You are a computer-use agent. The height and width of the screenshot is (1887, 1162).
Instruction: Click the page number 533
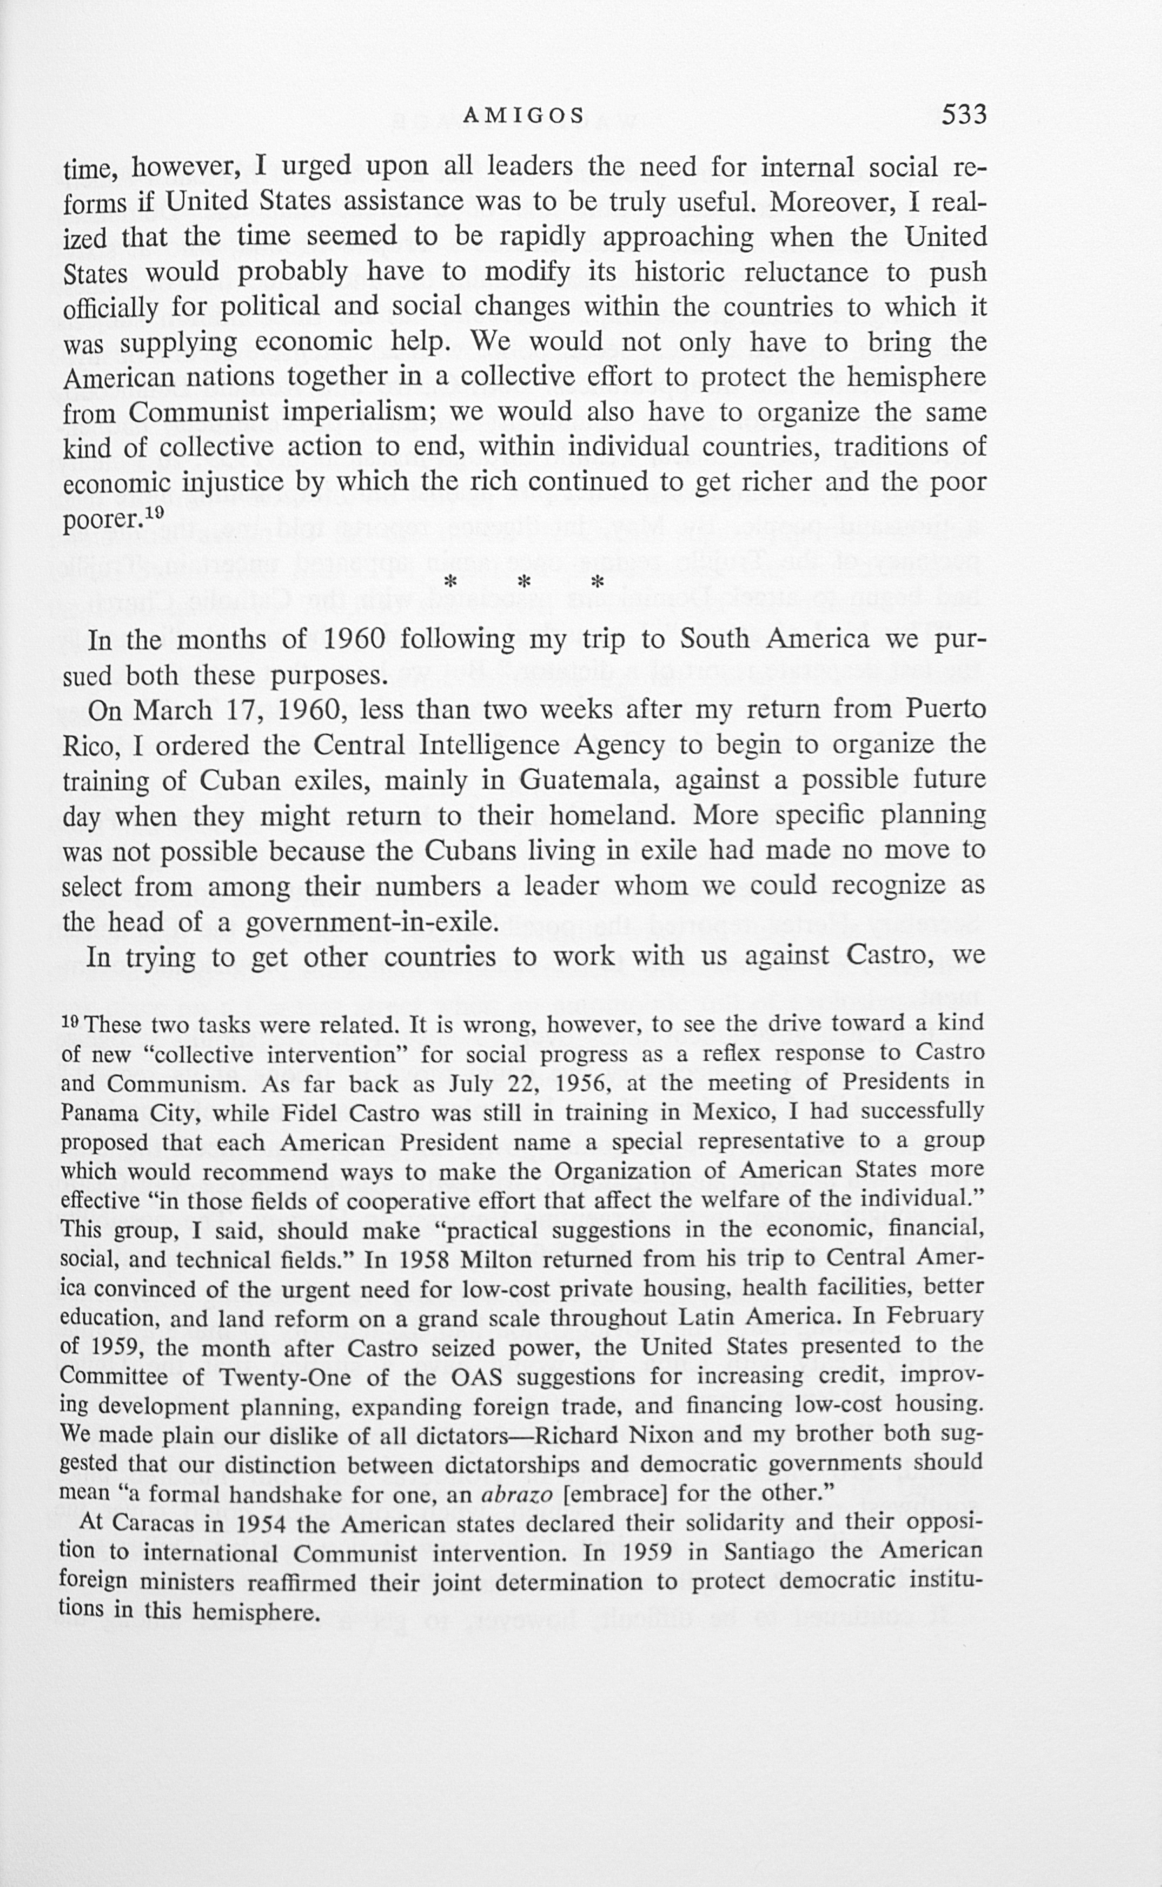coord(964,115)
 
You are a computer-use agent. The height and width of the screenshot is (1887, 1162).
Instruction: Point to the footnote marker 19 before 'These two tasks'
coord(71,1023)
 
